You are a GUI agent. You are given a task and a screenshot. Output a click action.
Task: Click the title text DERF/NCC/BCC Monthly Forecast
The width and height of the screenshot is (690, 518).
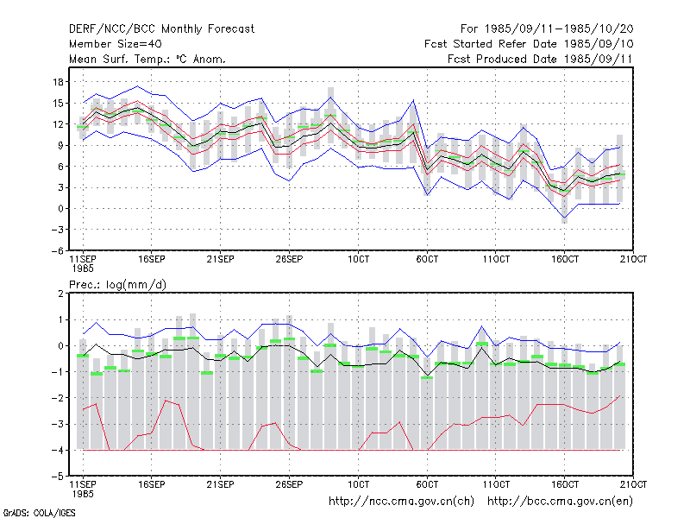[x=161, y=29]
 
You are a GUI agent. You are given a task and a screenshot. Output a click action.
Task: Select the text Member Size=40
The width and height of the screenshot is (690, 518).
[x=116, y=44]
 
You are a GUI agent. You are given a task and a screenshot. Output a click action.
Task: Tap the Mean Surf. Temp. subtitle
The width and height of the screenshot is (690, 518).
[x=147, y=59]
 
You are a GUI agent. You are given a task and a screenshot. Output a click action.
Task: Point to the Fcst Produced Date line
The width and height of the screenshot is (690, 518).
[x=540, y=59]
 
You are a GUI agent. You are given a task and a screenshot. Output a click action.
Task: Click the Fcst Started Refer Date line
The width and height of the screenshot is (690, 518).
[x=529, y=44]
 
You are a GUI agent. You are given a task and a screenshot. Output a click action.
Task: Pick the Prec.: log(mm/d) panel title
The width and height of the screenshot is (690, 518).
[x=117, y=285]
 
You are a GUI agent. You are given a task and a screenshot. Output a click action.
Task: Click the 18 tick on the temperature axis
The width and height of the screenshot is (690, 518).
[x=58, y=82]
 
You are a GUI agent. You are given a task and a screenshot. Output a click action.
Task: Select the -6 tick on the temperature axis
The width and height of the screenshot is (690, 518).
[x=57, y=250]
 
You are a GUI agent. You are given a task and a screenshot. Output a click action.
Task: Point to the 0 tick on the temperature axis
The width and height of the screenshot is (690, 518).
[x=60, y=209]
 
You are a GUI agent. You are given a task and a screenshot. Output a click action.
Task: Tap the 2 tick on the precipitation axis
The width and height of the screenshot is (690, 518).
[x=60, y=294]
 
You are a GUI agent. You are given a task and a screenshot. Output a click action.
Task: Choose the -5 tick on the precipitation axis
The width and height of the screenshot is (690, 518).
[x=57, y=477]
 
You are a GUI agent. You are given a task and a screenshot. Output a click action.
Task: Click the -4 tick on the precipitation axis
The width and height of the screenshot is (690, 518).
[x=57, y=450]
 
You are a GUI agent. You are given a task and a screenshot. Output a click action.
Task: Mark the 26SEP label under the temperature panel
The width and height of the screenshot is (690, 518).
[x=289, y=260]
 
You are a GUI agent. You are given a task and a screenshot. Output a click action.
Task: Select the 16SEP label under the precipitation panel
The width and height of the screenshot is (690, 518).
[x=152, y=484]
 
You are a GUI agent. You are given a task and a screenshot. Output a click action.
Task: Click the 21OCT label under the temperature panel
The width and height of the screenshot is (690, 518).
[x=633, y=260]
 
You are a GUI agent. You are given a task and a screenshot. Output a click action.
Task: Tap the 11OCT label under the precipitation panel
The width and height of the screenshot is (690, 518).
[x=496, y=484]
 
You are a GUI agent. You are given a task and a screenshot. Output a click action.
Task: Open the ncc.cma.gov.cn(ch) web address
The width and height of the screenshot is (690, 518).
[x=401, y=502]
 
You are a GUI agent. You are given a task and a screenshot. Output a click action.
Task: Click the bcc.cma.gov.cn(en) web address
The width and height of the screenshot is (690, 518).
[x=560, y=502]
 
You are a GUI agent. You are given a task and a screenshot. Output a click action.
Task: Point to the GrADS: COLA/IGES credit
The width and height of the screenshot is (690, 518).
[x=40, y=513]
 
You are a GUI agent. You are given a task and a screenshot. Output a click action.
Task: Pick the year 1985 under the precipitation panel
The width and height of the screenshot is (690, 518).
[x=83, y=494]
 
